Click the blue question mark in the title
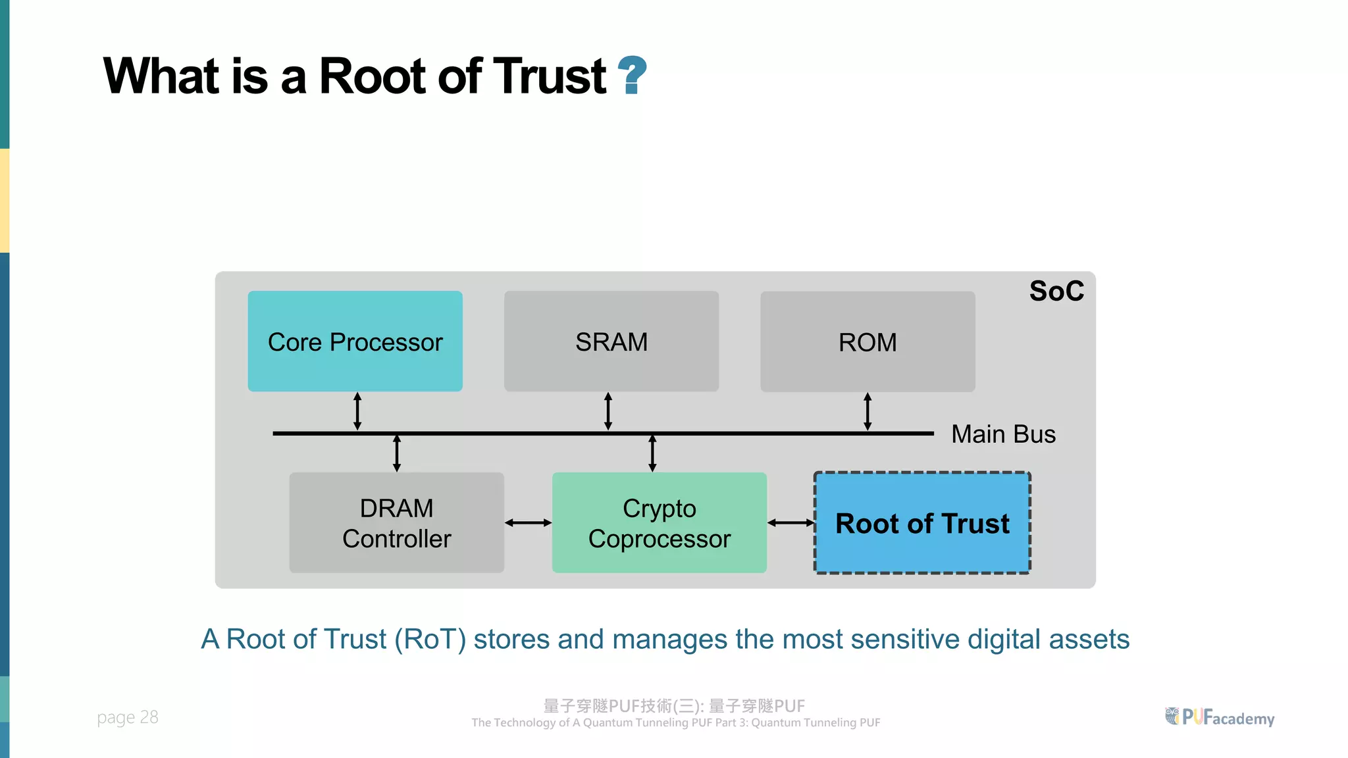[x=633, y=75]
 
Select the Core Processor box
[x=355, y=341]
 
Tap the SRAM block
[x=611, y=341]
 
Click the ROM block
[x=867, y=341]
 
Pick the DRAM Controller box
[x=396, y=522]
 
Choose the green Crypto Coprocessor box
[x=659, y=522]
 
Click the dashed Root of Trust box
[x=921, y=522]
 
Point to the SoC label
[x=1056, y=291]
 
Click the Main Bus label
[x=1002, y=434]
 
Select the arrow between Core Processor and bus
[x=357, y=411]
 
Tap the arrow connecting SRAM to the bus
[x=608, y=411]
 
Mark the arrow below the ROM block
[x=868, y=411]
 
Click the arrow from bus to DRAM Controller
[x=397, y=453]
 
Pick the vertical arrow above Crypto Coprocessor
[x=652, y=453]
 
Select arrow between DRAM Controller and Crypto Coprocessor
[x=528, y=522]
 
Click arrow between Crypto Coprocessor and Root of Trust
[x=791, y=522]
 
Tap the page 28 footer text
[x=128, y=717]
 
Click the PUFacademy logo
[x=1220, y=717]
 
